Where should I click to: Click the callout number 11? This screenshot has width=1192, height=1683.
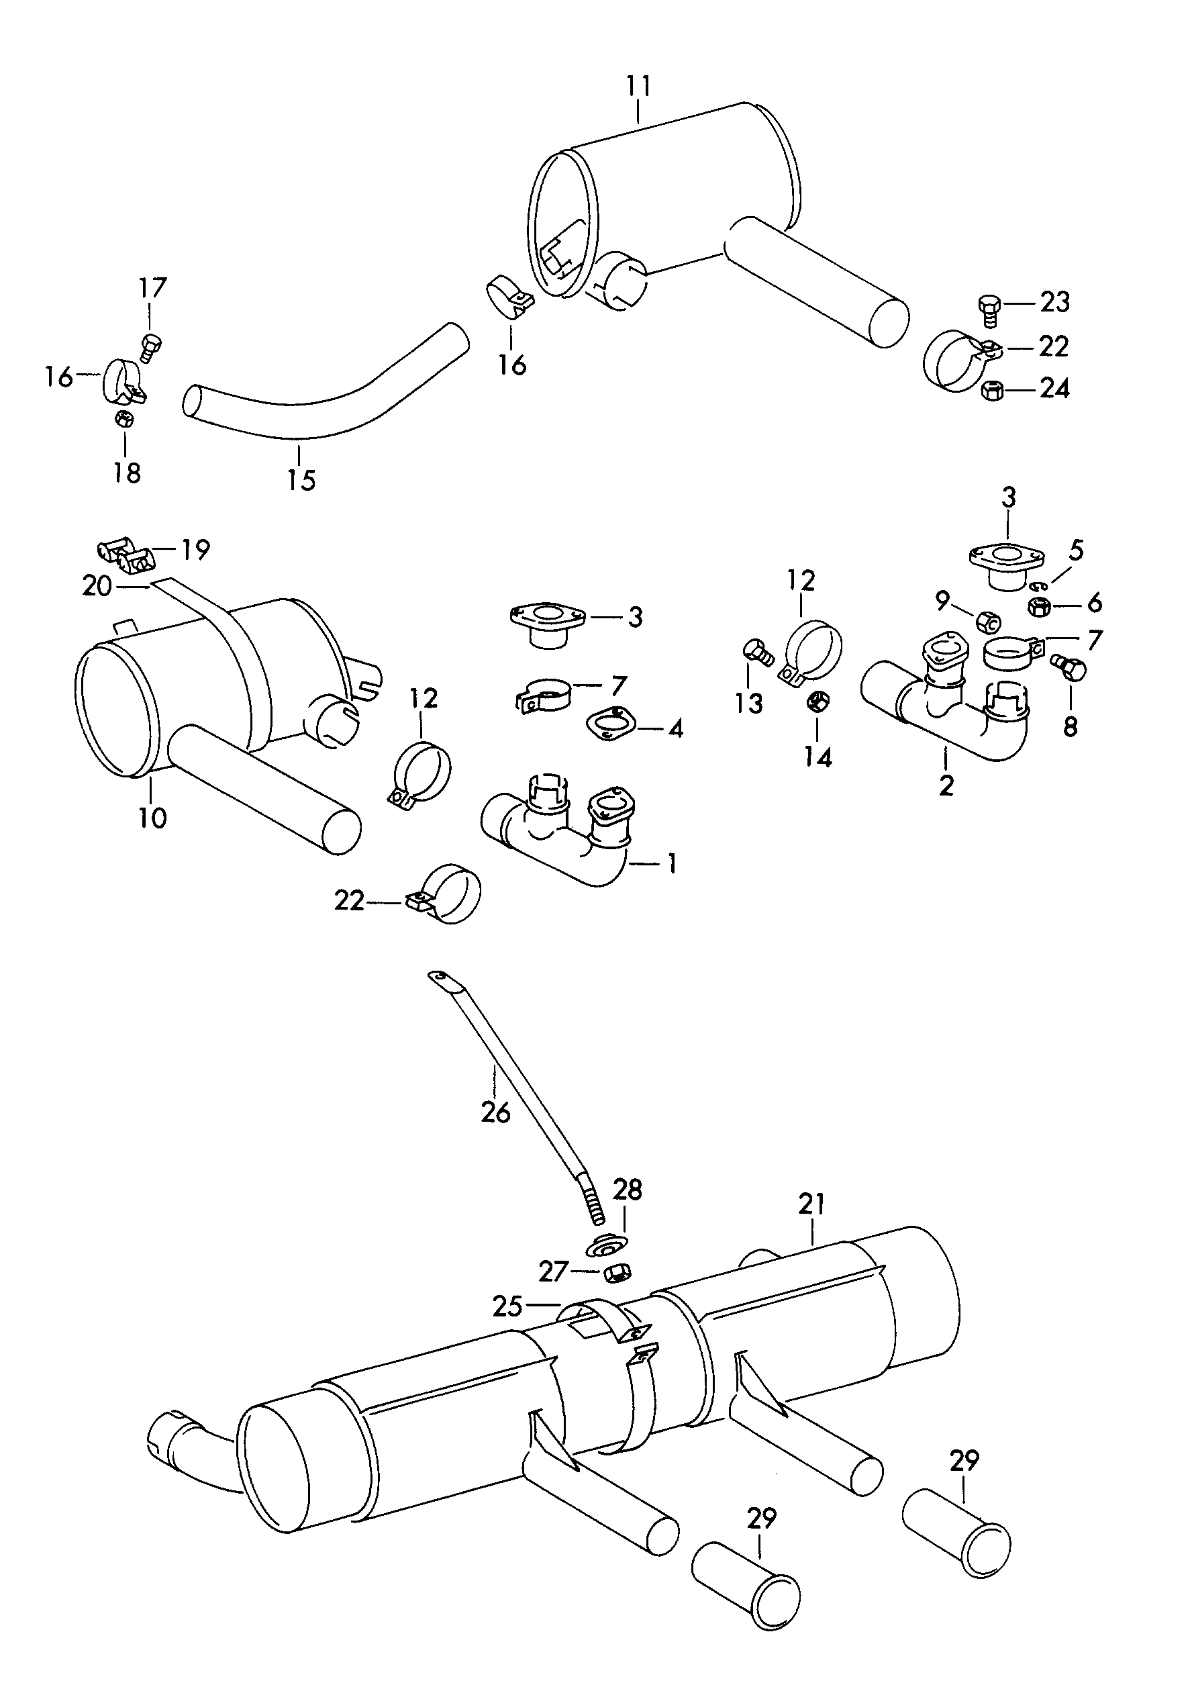[x=638, y=87]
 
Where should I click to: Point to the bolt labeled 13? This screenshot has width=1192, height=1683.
[x=756, y=651]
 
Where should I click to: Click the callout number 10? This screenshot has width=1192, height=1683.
[x=152, y=817]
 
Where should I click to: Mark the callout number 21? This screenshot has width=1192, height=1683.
[x=813, y=1204]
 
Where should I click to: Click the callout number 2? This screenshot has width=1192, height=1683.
[x=946, y=785]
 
